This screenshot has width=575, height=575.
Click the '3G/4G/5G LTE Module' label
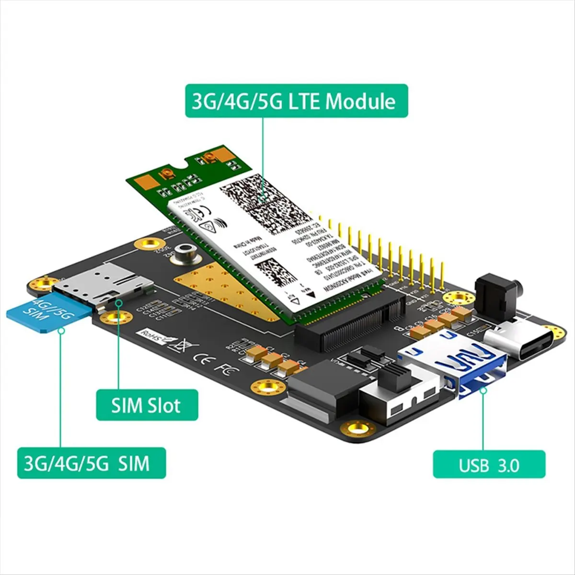[x=297, y=102]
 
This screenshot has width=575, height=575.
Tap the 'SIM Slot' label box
[x=147, y=405]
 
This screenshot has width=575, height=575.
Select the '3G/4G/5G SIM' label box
[x=92, y=463]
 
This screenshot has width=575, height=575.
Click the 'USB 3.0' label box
[x=489, y=464]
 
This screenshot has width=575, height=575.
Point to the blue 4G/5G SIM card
[x=48, y=314]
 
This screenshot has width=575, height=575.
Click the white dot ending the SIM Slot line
[x=119, y=302]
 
